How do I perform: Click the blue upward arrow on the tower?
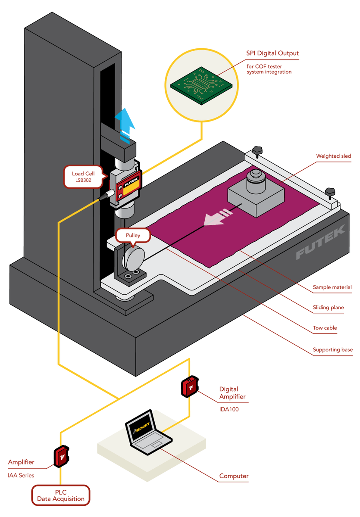point(125,123)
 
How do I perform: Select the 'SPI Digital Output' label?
point(272,53)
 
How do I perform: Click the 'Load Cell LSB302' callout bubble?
point(84,177)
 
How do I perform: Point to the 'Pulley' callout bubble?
point(133,236)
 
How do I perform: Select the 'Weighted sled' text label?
point(333,156)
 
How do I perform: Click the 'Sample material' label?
point(332,287)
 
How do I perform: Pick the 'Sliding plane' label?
point(328,308)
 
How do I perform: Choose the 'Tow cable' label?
point(325,328)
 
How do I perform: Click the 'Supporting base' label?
point(332,349)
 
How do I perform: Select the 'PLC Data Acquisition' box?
point(61,495)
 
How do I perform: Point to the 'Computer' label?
point(234,476)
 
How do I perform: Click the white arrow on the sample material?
point(217,217)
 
